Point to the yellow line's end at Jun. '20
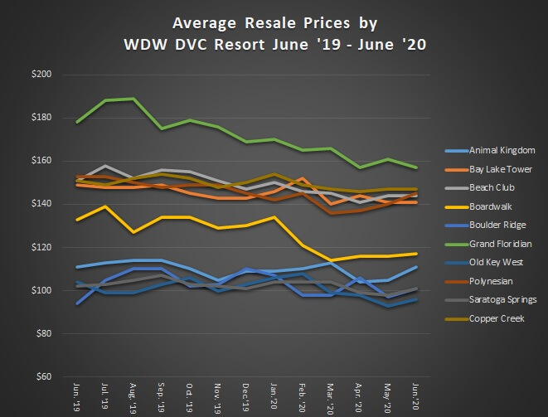417,254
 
